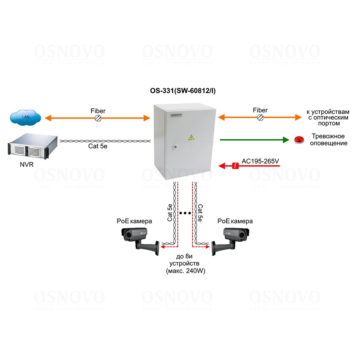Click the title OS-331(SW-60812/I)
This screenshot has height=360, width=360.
point(183,91)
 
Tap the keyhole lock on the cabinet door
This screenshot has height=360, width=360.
point(175,147)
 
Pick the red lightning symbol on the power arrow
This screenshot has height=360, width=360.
point(235,166)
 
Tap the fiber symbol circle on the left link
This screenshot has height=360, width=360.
point(98,118)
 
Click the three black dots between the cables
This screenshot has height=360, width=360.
point(185,213)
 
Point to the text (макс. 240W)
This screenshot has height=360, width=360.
point(185,271)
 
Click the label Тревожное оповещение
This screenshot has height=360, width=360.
point(328,140)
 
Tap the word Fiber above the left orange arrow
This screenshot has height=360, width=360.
point(98,111)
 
